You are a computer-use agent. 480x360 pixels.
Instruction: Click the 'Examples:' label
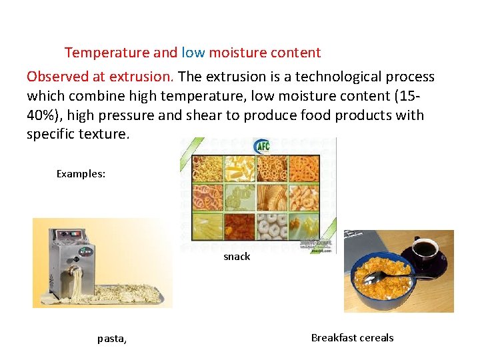(81, 174)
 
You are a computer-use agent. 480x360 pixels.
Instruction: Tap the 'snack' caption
(237, 257)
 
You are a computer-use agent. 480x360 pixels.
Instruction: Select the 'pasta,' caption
(112, 339)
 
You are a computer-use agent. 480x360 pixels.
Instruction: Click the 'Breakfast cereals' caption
(352, 337)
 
